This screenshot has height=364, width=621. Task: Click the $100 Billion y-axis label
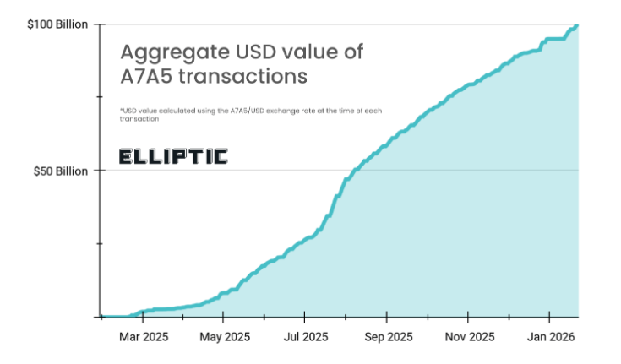point(57,24)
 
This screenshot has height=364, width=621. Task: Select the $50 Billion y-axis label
point(60,171)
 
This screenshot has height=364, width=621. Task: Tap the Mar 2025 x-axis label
point(143,336)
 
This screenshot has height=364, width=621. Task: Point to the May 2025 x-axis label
point(223,336)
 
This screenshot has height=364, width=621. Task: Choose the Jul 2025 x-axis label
point(305,336)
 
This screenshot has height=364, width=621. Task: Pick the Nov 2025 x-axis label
point(468,336)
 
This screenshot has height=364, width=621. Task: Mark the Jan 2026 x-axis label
point(550,336)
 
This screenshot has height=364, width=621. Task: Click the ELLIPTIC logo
point(173,156)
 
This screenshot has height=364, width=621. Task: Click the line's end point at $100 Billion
point(577,25)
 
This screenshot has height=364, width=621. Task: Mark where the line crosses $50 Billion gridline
point(347,171)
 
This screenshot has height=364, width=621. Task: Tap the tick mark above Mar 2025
point(143,319)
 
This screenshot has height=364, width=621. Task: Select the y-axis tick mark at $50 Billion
point(98,171)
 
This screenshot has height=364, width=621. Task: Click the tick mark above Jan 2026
point(550,319)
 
